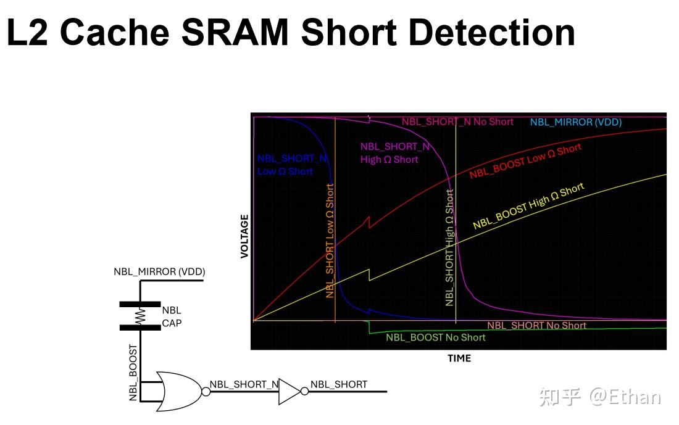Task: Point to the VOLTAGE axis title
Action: [244, 236]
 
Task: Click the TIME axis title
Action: [459, 358]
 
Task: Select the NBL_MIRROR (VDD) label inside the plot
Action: [575, 122]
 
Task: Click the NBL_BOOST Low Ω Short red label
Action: [525, 161]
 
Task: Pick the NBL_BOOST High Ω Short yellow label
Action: [528, 206]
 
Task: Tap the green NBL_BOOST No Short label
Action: [435, 337]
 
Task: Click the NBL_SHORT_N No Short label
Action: [457, 122]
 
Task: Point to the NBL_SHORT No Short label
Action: [536, 325]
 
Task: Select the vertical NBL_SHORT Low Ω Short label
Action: [330, 241]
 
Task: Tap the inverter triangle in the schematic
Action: [289, 391]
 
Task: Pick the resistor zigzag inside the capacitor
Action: [140, 316]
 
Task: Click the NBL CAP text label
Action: [171, 316]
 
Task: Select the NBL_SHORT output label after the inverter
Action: [338, 384]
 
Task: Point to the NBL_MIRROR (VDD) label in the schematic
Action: [159, 271]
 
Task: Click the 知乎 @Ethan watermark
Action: [599, 397]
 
